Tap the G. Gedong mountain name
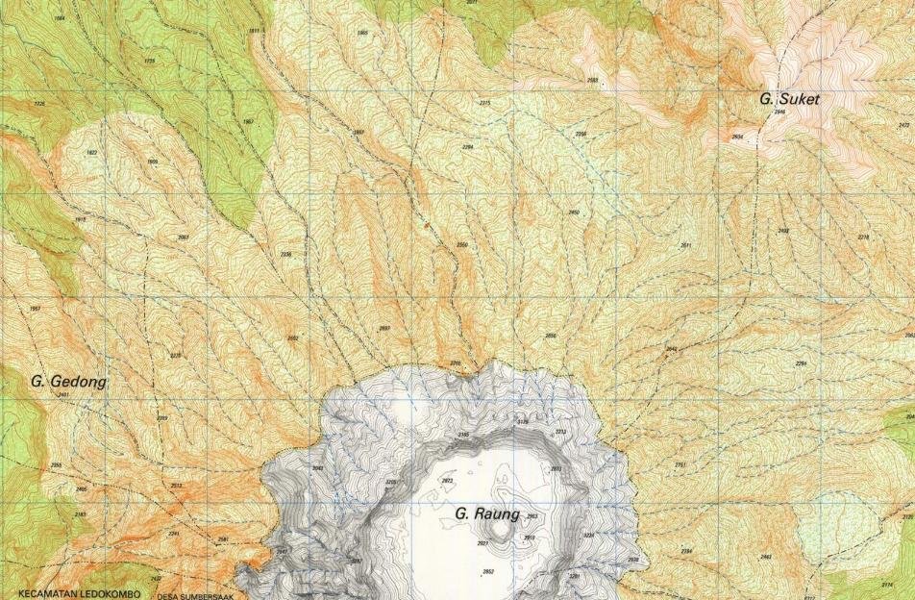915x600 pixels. pos(68,382)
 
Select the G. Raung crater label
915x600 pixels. pos(486,514)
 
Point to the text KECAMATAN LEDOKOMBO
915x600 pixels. pos(79,593)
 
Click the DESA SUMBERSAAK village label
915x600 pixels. pos(196,594)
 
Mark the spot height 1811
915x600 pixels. pos(254,32)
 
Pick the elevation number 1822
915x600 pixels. pos(91,153)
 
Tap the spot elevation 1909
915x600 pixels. pos(152,162)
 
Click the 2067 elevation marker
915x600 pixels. pos(184,237)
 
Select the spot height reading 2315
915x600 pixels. pos(484,103)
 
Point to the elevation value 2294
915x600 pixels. pos(468,147)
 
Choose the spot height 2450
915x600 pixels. pos(574,212)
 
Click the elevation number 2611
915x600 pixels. pos(685,245)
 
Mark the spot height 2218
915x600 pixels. pos(863,237)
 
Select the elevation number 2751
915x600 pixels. pos(680,464)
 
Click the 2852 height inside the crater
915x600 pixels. pos(488,571)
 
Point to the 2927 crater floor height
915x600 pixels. pos(482,543)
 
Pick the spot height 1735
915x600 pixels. pos(148,61)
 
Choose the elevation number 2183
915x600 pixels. pos(80,514)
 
